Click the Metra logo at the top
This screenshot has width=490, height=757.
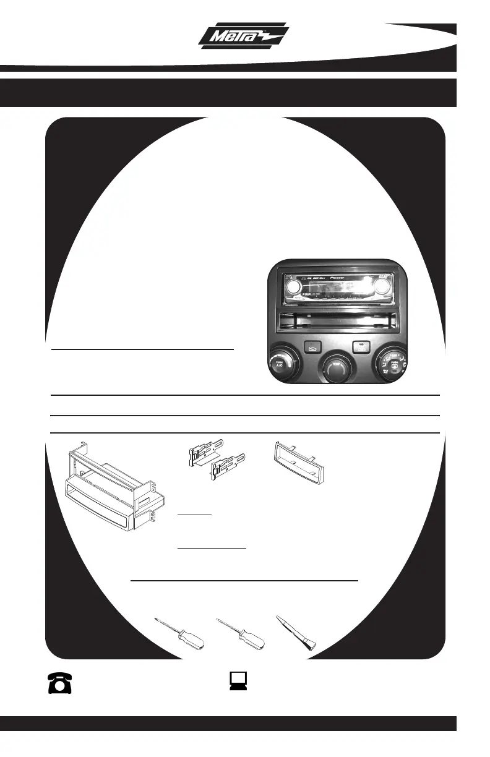[244, 36]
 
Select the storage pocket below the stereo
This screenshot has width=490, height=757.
[337, 322]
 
